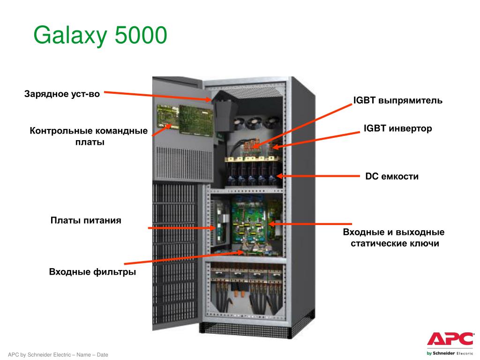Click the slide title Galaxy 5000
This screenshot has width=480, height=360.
pyautogui.click(x=100, y=37)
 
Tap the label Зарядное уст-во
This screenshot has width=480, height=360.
pyautogui.click(x=62, y=94)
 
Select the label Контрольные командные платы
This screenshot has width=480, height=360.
pyautogui.click(x=89, y=136)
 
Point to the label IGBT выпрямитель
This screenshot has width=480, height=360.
pyautogui.click(x=397, y=101)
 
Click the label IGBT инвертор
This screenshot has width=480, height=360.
pyautogui.click(x=397, y=128)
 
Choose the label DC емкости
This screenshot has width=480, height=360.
pyautogui.click(x=391, y=177)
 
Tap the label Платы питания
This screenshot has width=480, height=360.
pyautogui.click(x=86, y=220)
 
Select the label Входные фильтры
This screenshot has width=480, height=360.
pyautogui.click(x=92, y=272)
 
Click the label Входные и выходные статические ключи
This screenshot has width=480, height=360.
pyautogui.click(x=394, y=238)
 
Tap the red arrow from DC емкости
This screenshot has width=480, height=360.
pyautogui.click(x=319, y=176)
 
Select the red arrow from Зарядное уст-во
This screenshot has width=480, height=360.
pyautogui.click(x=155, y=96)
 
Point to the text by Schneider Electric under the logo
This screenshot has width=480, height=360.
pyautogui.click(x=450, y=352)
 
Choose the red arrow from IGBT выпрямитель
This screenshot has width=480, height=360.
pyautogui.click(x=305, y=125)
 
